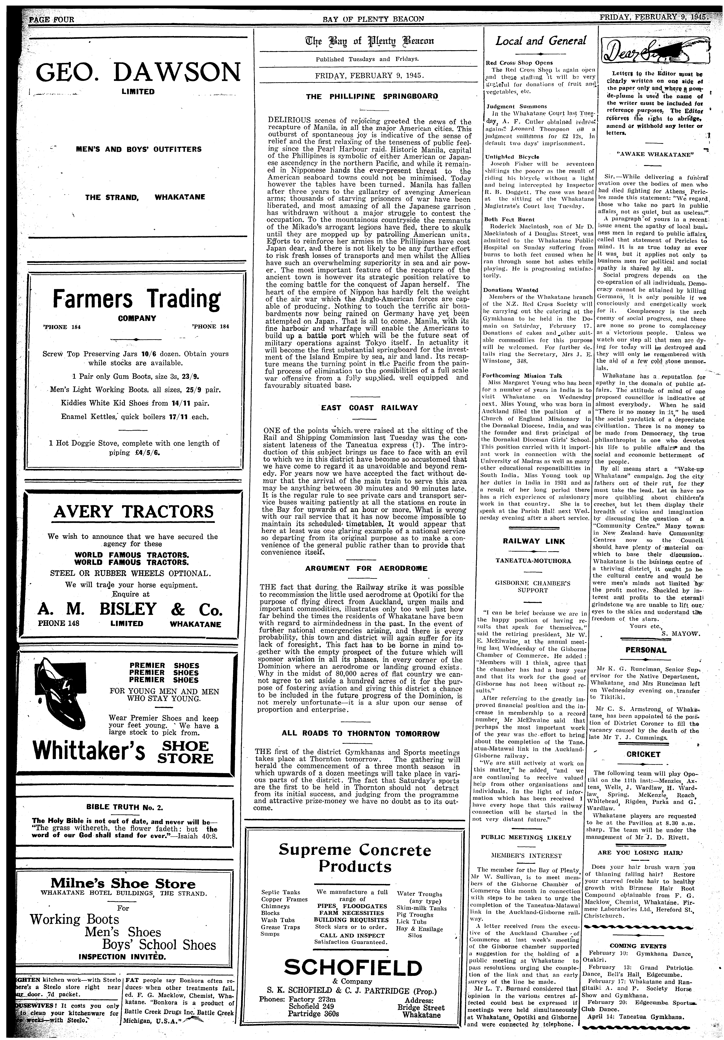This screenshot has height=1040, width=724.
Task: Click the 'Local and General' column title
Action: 541,41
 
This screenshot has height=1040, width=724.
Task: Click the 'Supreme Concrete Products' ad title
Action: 355,857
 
